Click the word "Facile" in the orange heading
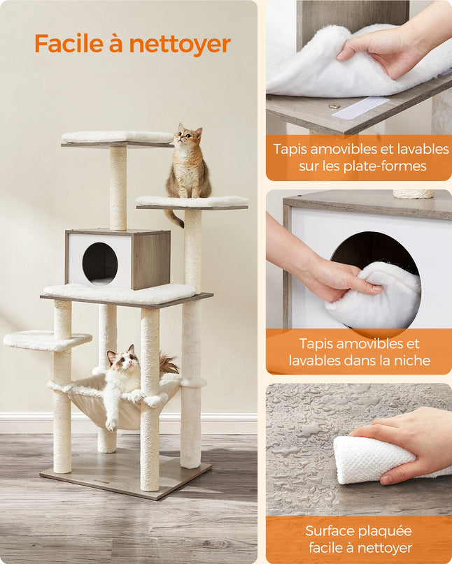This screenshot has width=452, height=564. [x=66, y=44]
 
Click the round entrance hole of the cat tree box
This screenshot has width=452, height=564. [x=100, y=264]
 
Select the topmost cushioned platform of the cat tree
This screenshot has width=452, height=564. [x=117, y=137]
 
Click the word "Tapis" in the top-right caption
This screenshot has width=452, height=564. [x=290, y=150]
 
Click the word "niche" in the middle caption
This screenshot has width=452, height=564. [x=411, y=361]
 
